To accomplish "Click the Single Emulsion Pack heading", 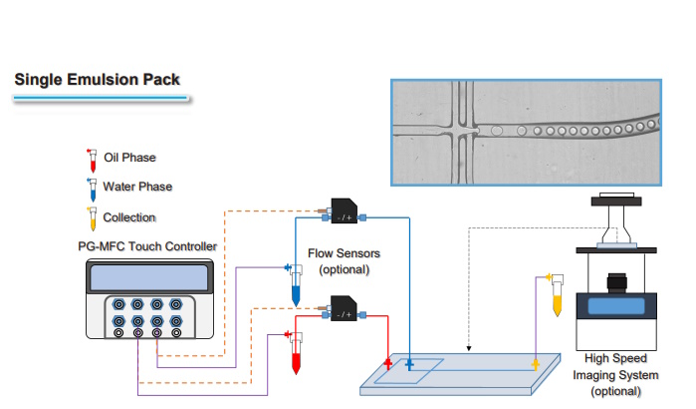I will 98,79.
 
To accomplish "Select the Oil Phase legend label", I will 129,158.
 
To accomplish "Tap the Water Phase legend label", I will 137,187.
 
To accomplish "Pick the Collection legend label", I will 129,216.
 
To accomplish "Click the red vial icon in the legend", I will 92,160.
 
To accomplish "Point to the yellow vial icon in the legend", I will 92,218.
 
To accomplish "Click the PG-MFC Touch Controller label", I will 146,245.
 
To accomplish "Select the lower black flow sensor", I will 345,311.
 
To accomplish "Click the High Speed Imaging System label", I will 615,374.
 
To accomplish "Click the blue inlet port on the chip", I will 409,365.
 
